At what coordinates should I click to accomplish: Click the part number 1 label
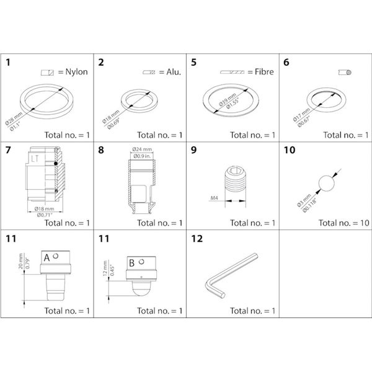point(8,62)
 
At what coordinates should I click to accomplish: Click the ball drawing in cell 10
point(326,184)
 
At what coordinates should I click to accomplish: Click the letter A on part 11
point(46,256)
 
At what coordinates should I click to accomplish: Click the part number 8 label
point(101,149)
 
